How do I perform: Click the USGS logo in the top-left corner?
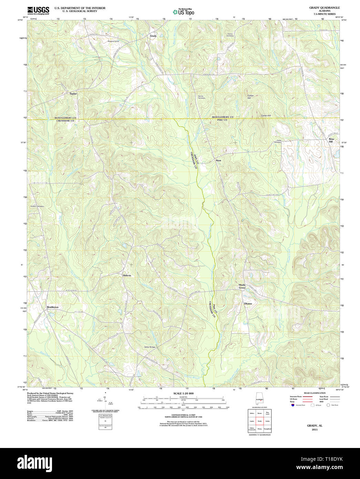[38, 10]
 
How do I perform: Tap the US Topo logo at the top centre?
[183, 12]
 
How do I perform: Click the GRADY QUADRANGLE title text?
[324, 8]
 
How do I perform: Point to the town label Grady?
[153, 36]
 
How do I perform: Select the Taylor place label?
[73, 94]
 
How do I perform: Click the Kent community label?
[218, 161]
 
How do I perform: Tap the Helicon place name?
[127, 276]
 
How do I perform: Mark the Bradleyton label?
[53, 307]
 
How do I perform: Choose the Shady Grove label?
[242, 286]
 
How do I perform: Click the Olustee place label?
[248, 304]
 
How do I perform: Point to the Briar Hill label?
[331, 140]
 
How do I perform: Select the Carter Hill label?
[266, 115]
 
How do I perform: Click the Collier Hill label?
[250, 97]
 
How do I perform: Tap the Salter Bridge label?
[150, 347]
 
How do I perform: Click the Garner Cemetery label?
[202, 97]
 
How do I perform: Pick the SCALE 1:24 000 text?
[183, 394]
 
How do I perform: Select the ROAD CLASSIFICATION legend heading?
[314, 393]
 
